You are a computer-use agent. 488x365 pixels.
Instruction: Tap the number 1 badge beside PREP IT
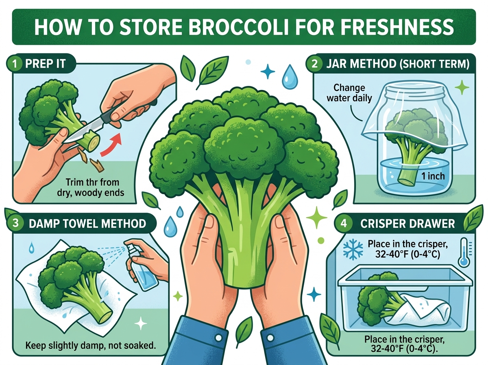point(15,64)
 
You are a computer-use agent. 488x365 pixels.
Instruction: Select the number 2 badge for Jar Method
point(315,64)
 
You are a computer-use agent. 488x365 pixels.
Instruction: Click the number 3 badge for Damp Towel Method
point(15,223)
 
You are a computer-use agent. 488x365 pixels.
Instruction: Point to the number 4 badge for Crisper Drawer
point(344,223)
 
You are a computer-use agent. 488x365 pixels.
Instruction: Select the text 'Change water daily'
point(349,93)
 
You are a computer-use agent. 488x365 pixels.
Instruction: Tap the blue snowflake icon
point(353,250)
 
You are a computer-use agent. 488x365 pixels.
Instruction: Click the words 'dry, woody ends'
point(91,193)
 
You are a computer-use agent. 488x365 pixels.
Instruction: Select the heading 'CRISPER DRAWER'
point(407,224)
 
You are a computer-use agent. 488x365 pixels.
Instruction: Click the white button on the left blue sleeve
point(218,338)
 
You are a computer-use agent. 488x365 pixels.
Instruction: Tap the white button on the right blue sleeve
point(270,338)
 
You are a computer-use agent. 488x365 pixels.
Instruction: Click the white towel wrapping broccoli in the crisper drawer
point(418,312)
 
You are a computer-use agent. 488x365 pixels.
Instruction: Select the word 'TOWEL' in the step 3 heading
point(77,224)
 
